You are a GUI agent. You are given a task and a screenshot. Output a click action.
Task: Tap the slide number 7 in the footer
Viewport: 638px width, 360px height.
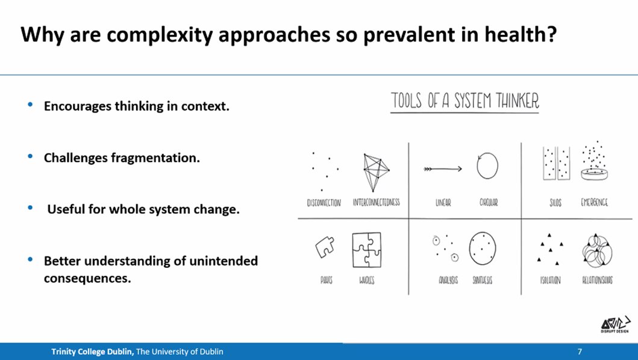tap(580, 352)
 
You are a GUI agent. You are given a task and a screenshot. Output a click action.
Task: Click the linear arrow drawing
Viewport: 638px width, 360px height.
tap(443, 169)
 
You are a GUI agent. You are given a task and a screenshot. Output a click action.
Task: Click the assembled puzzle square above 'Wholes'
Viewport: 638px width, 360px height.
tap(366, 249)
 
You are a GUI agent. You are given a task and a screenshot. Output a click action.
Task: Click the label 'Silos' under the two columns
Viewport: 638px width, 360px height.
tap(555, 203)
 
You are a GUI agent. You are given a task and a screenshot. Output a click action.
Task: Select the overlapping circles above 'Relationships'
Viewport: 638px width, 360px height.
tap(597, 251)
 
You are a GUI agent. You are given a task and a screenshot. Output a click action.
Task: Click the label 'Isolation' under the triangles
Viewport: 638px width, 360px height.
tap(551, 281)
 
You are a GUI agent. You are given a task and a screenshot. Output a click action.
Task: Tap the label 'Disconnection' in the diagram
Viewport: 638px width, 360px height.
tap(324, 203)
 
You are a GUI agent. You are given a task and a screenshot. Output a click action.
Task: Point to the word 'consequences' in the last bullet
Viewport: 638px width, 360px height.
tap(87, 279)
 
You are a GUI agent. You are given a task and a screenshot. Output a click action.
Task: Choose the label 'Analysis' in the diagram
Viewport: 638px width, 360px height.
tap(448, 281)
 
